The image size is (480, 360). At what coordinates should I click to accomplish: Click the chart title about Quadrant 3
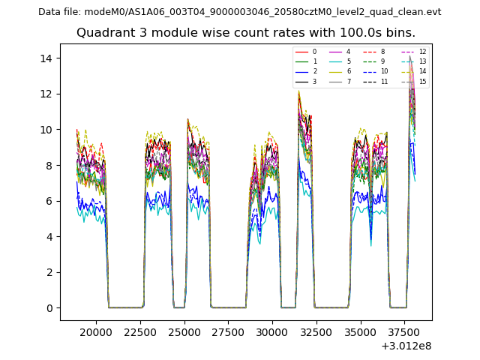[x=246, y=33]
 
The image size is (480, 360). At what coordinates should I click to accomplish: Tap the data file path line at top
[x=240, y=12]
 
